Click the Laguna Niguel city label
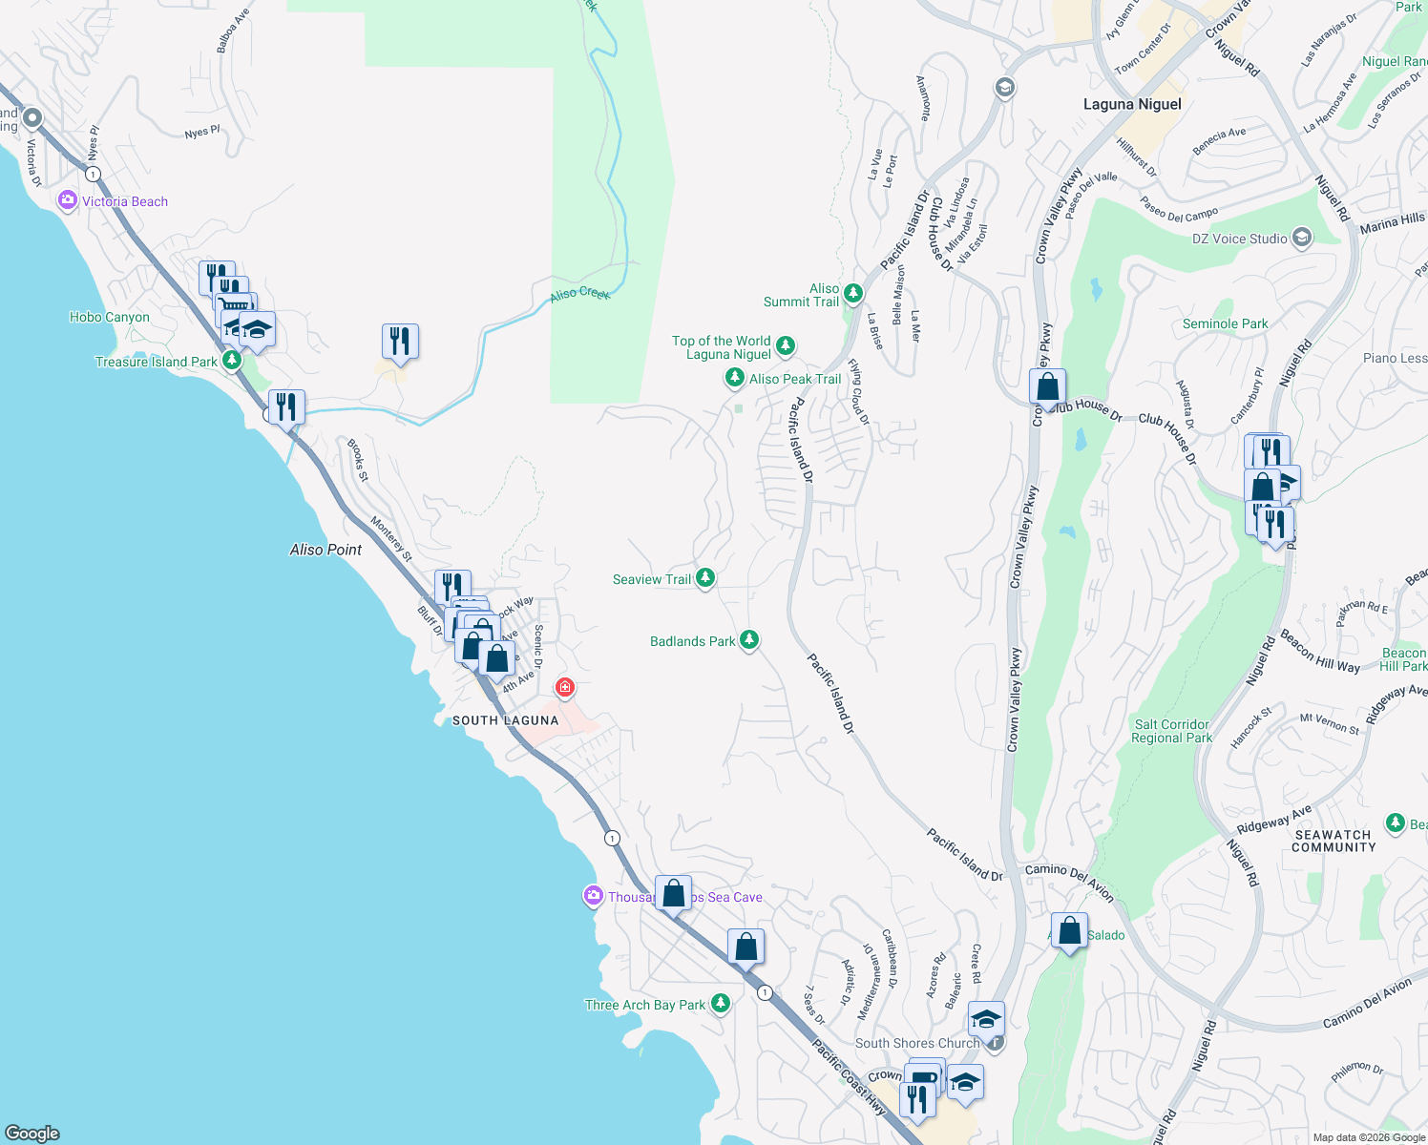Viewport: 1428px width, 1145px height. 1132,104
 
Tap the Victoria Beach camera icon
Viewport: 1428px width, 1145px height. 68,200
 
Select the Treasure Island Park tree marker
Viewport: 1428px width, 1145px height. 232,361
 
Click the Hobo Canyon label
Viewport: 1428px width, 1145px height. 109,317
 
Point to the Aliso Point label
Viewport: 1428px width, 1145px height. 325,550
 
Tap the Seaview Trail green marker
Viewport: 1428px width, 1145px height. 705,577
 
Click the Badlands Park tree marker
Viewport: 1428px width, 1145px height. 749,639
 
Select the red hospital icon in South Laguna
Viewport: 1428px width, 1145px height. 565,687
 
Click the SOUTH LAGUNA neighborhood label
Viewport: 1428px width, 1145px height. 505,720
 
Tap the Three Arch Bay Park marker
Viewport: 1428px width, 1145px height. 721,1003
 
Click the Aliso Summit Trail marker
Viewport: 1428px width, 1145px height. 853,293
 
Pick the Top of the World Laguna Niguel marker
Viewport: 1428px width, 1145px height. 785,345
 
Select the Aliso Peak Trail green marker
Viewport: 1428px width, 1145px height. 734,378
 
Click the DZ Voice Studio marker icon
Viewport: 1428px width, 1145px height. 1302,238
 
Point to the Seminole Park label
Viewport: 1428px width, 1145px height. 1225,323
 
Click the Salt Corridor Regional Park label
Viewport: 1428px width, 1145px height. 1171,731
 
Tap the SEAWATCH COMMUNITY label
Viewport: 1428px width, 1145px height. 1333,841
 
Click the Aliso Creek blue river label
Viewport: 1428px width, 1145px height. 579,294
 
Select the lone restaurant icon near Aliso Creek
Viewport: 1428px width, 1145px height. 400,342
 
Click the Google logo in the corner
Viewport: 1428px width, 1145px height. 31,1133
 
